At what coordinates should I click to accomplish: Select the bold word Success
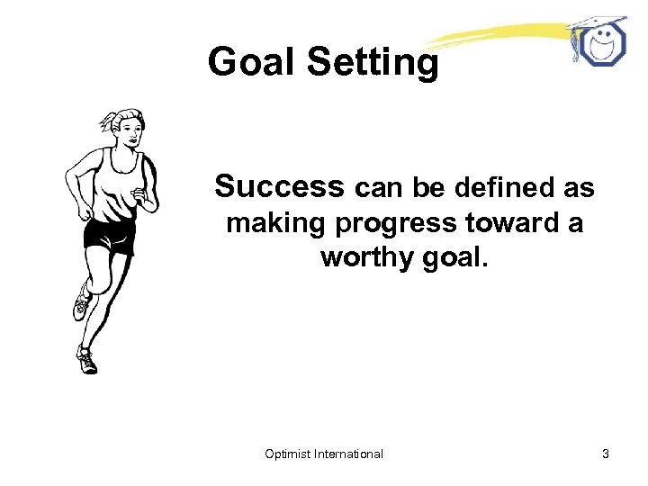pyautogui.click(x=280, y=186)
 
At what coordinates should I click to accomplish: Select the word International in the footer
pyautogui.click(x=349, y=454)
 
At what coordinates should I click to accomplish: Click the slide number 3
pyautogui.click(x=606, y=454)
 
